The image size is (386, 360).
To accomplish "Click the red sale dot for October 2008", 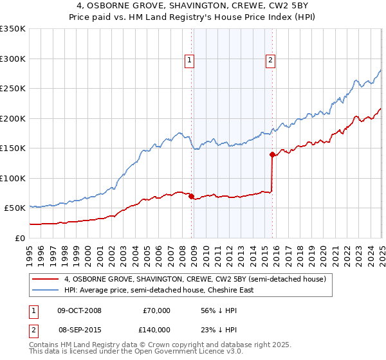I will (x=191, y=196).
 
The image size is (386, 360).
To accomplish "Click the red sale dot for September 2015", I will (x=272, y=154).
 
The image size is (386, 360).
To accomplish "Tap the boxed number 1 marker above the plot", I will (x=190, y=60).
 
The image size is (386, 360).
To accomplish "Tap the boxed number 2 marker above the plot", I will (x=271, y=60).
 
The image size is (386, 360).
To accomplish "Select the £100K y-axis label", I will (x=12, y=178).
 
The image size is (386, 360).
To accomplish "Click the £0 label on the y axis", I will (x=19, y=238).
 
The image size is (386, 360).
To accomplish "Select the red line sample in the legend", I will (x=46, y=279).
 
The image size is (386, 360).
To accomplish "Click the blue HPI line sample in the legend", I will (x=46, y=290).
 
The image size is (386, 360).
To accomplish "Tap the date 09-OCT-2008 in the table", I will (x=79, y=310).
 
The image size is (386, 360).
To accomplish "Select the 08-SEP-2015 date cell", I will (x=79, y=330).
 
